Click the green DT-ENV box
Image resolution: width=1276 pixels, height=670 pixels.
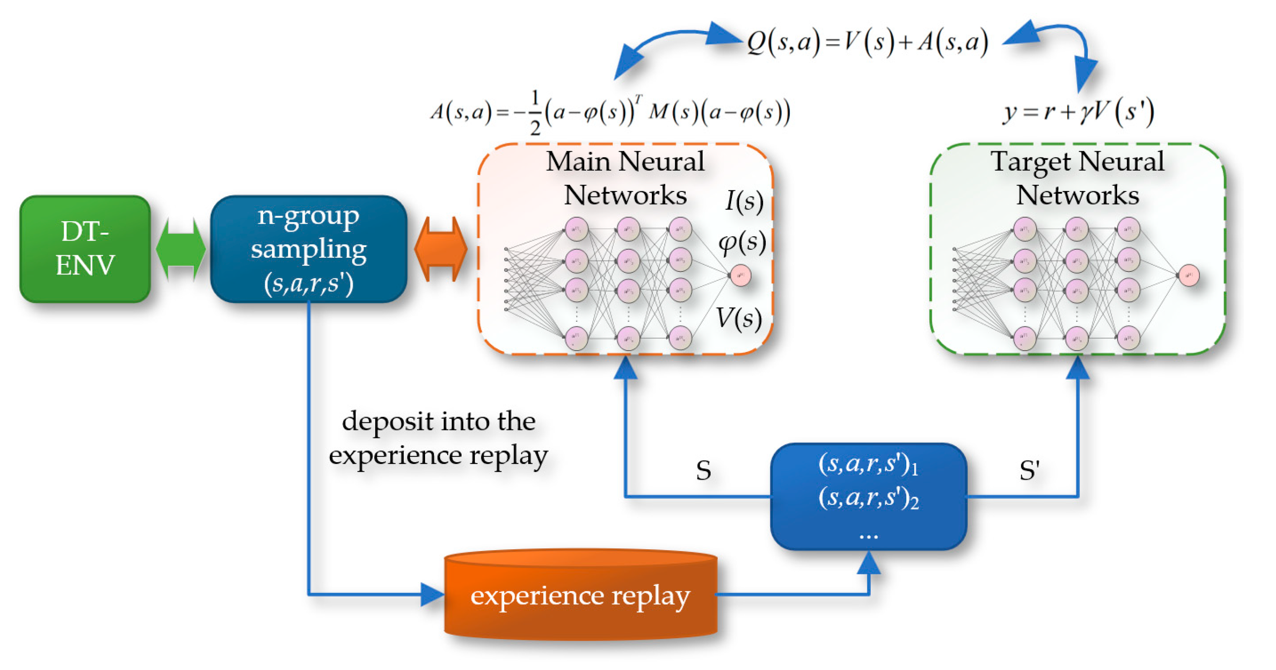click(85, 248)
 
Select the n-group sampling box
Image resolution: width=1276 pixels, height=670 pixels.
click(308, 248)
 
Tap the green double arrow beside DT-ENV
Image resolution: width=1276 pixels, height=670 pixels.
click(180, 248)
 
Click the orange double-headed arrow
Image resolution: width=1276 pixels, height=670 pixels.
click(441, 248)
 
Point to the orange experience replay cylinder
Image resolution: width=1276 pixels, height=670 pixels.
click(580, 596)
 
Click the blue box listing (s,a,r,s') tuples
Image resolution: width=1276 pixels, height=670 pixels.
click(868, 496)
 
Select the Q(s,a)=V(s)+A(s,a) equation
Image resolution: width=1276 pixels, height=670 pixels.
click(867, 42)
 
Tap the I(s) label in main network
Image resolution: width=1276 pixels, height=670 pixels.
click(744, 202)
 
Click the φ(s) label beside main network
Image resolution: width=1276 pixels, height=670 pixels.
click(742, 243)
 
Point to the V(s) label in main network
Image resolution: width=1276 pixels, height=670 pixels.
click(739, 318)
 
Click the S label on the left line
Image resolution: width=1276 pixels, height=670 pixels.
click(703, 471)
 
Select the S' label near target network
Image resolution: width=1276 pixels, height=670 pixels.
click(1030, 471)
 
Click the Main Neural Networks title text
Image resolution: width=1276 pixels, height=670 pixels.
click(625, 178)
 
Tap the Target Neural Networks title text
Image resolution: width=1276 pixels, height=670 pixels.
click(1077, 178)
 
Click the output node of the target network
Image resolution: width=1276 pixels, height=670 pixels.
click(1188, 275)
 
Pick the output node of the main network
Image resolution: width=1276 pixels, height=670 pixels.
click(741, 275)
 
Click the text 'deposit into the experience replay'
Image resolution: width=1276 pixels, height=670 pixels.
click(438, 438)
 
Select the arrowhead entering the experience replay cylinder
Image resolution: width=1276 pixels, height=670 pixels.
click(432, 594)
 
